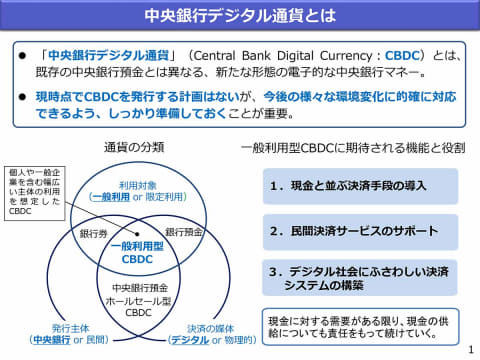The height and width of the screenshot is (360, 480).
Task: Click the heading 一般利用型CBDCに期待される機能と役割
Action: (353, 147)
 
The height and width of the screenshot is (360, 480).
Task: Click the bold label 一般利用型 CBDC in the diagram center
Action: (136, 251)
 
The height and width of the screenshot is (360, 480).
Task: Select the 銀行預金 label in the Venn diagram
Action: (184, 232)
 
